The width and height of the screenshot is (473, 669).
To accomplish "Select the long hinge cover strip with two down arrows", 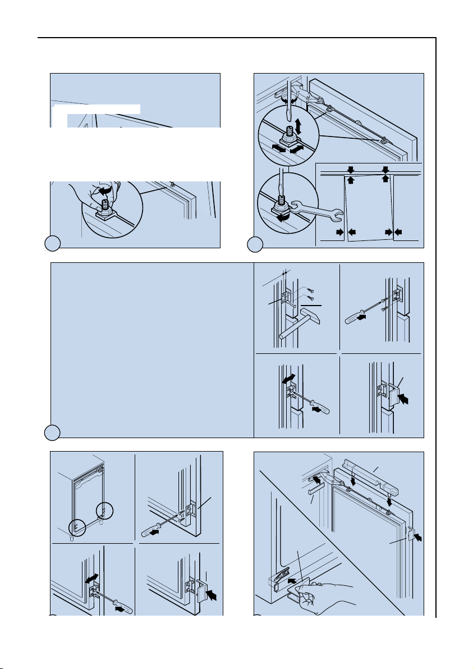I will [366, 475].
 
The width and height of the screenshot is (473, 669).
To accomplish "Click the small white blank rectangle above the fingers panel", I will [96, 108].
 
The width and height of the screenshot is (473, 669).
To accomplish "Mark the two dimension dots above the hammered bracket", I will [284, 272].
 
